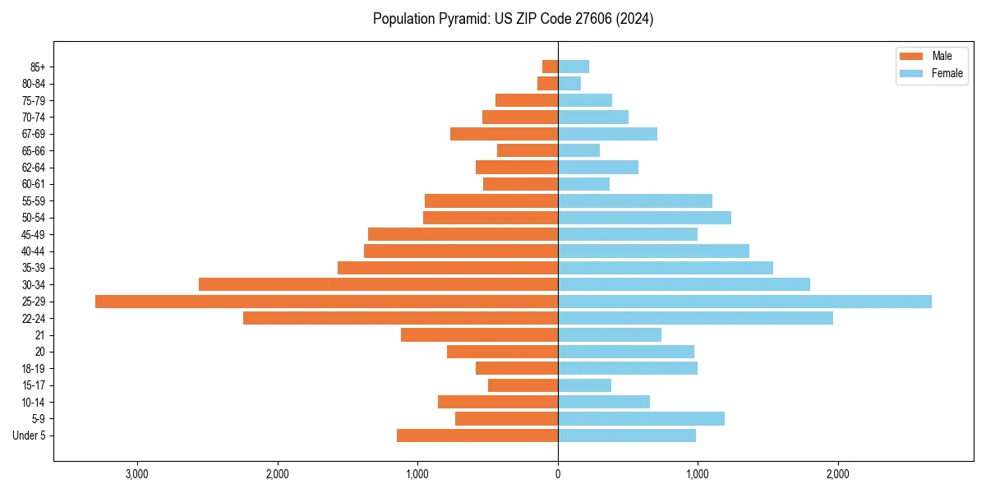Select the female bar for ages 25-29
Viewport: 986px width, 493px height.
744,302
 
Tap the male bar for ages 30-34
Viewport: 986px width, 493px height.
378,284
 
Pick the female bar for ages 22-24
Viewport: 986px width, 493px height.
695,318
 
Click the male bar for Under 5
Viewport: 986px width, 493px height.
477,435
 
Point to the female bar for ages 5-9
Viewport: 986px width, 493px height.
641,419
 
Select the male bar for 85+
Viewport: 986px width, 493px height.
551,67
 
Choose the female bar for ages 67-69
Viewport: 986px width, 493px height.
607,134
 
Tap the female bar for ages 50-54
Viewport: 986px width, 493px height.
644,218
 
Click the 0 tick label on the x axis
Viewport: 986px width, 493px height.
558,474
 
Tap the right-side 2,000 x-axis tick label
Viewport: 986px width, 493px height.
838,474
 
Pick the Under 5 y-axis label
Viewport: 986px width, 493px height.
29,435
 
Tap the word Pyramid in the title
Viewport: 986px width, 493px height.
461,19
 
